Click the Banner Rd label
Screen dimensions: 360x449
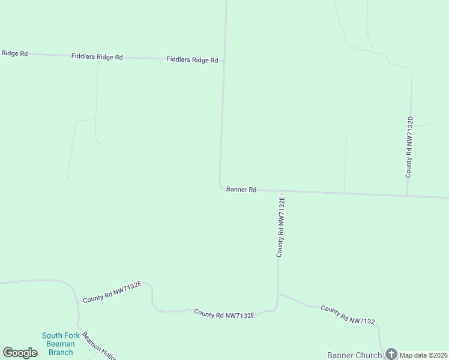(241, 190)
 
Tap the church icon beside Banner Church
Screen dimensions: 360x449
(391, 354)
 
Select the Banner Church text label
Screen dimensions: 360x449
(354, 355)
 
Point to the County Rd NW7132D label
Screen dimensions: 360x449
(409, 147)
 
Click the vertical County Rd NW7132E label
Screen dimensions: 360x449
(280, 227)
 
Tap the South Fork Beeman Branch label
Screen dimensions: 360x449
(61, 344)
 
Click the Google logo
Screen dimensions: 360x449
(20, 353)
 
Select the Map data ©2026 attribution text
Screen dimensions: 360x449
(423, 355)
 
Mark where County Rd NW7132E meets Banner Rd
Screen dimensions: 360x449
(280, 191)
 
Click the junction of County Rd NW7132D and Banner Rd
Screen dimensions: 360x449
(408, 195)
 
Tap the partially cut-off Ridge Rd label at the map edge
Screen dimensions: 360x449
(14, 53)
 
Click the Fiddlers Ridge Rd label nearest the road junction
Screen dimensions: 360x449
(192, 60)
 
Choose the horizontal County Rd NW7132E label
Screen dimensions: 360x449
(224, 314)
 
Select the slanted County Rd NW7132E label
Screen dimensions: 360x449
(112, 291)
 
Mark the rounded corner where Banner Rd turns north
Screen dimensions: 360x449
(220, 186)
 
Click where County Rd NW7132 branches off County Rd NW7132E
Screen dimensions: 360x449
(278, 294)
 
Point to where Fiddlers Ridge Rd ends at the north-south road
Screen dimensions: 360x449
(223, 61)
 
